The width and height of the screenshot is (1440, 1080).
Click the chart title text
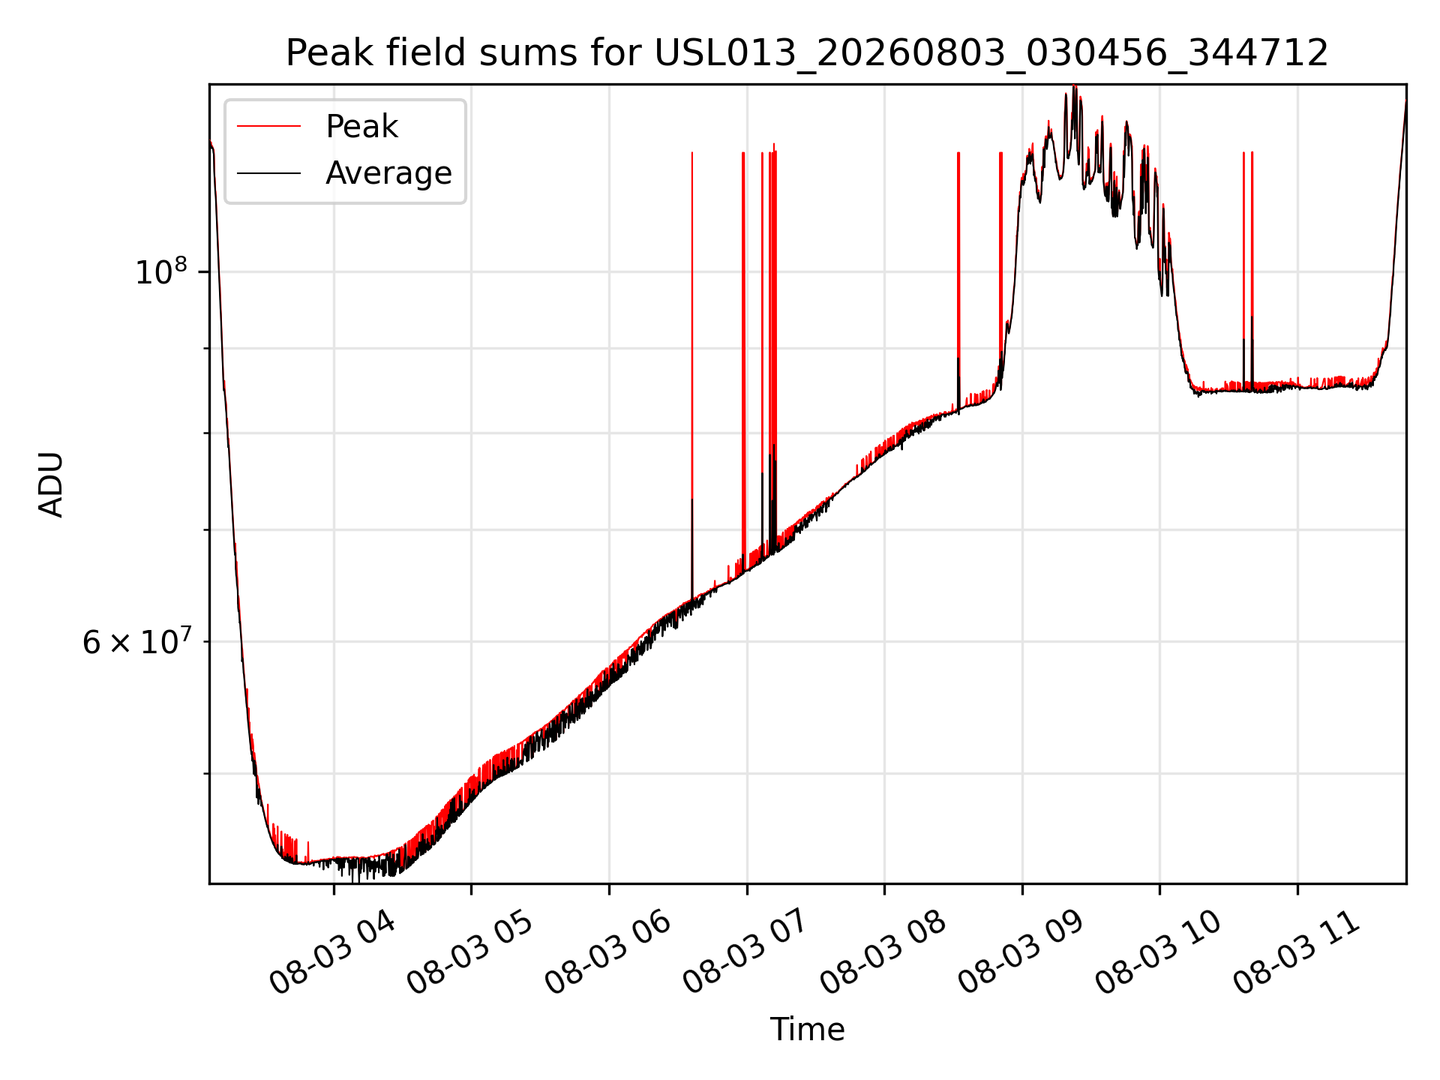coord(807,53)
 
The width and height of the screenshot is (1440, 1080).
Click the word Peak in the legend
coord(361,127)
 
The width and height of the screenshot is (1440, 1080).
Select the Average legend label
coord(388,173)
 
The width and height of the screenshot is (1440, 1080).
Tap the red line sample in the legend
coord(268,127)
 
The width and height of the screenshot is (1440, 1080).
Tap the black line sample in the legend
coord(268,173)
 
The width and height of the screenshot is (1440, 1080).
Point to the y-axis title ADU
coord(51,484)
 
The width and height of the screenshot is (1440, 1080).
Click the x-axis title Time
coord(807,1030)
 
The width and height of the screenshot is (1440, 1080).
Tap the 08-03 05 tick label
coord(469,952)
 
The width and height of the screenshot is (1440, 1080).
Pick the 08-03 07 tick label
coord(744,952)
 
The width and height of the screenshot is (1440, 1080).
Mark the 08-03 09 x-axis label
coord(1019,952)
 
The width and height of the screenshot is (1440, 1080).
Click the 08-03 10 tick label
coord(1157,952)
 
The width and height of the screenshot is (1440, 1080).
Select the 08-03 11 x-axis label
coord(1294,952)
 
